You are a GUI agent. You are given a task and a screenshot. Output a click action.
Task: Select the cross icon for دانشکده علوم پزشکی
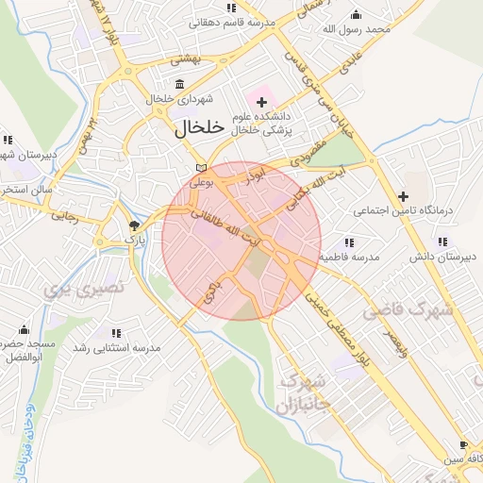pyautogui.click(x=261, y=101)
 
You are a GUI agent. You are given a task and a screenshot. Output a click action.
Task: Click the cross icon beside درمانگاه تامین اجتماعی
pyautogui.click(x=404, y=196)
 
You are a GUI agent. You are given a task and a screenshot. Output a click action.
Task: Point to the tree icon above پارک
pyautogui.click(x=134, y=226)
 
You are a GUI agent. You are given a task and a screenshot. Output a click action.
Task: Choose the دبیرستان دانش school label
pyautogui.click(x=440, y=257)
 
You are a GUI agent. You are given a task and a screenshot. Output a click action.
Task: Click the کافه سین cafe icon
pyautogui.click(x=462, y=444)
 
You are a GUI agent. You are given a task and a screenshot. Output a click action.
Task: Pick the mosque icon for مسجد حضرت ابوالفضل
pyautogui.click(x=24, y=329)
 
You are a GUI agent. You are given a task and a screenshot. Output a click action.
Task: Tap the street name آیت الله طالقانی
pyautogui.click(x=220, y=227)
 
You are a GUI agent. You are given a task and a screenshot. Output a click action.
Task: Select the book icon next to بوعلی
pyautogui.click(x=198, y=168)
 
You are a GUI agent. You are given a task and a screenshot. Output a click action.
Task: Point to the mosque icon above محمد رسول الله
pyautogui.click(x=356, y=14)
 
